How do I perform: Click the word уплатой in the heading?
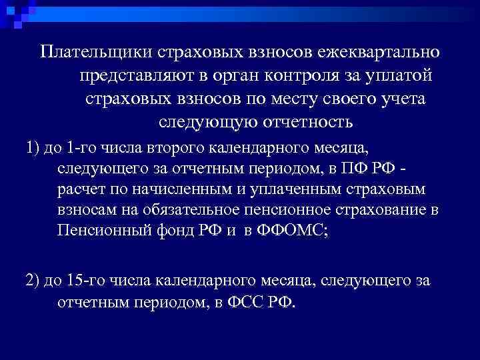(x=401, y=76)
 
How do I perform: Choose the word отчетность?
(x=310, y=123)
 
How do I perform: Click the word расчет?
(x=79, y=190)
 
